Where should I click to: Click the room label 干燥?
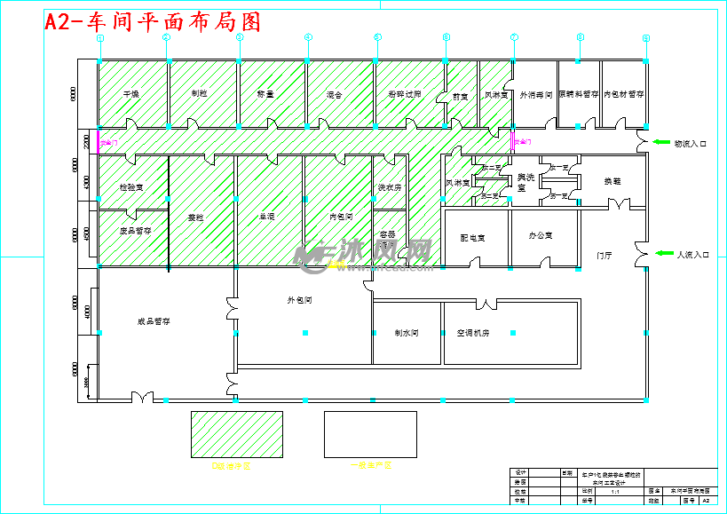coord(131,93)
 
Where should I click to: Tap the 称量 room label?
coord(265,93)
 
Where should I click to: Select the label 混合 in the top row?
coord(334,93)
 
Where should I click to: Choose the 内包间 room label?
coord(341,216)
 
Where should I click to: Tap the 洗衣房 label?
coord(391,188)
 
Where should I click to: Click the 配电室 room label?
coord(470,237)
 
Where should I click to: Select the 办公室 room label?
coord(540,236)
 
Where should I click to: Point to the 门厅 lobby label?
coord(605,256)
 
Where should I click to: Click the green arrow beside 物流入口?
coord(660,142)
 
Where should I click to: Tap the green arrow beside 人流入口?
coord(663,254)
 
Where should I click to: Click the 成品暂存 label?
coord(154,322)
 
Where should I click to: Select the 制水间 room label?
coord(407,333)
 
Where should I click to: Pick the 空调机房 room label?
coord(473,333)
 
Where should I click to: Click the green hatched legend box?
coord(236,434)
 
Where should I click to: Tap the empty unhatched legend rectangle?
coord(370,434)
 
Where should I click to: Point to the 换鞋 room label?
coord(612,181)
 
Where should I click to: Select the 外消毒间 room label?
coord(536,93)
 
